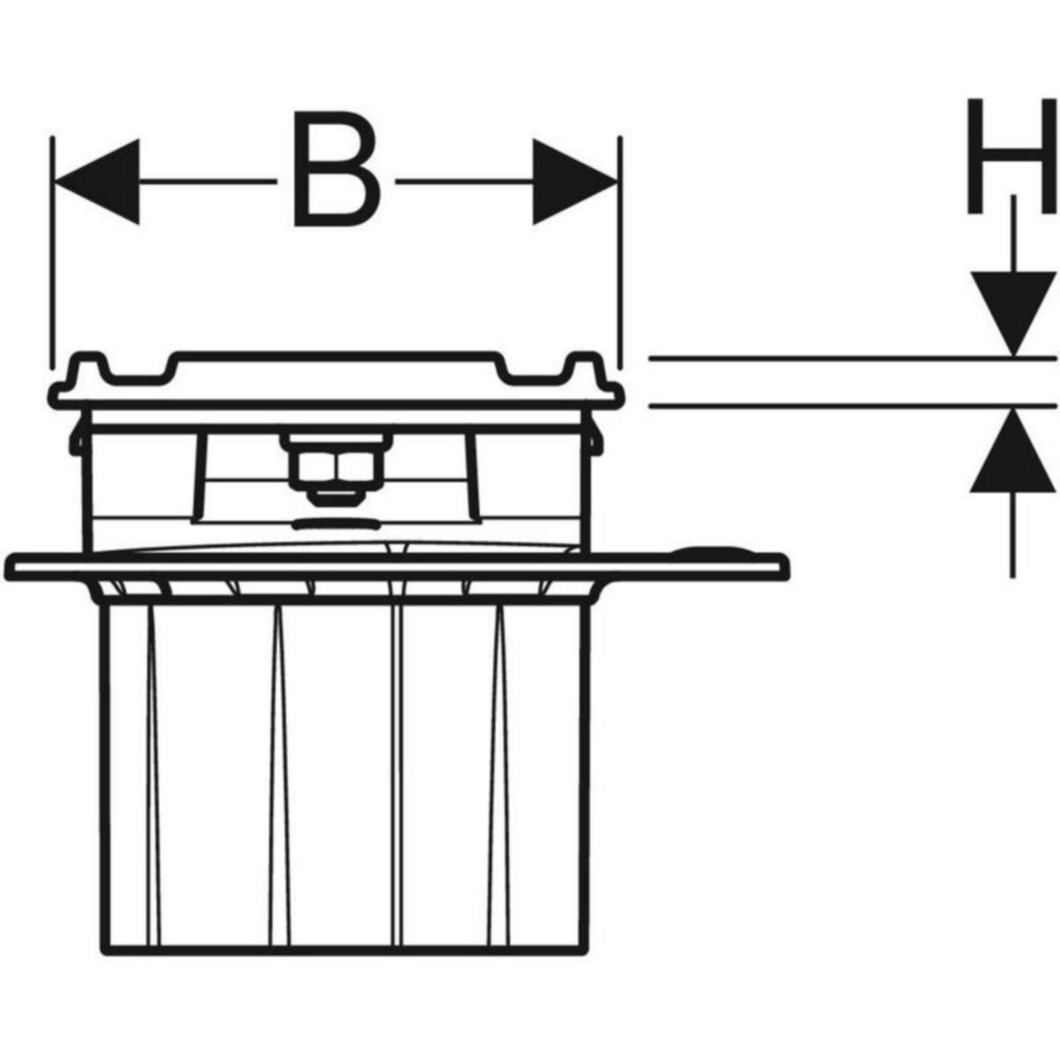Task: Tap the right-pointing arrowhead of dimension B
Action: click(575, 182)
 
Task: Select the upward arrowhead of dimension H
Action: click(1012, 451)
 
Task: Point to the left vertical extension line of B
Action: click(52, 252)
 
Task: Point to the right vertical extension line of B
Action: click(620, 252)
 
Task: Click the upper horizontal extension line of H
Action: click(852, 359)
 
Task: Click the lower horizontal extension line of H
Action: click(852, 406)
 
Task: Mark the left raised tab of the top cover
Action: click(88, 364)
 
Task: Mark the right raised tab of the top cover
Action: click(586, 364)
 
